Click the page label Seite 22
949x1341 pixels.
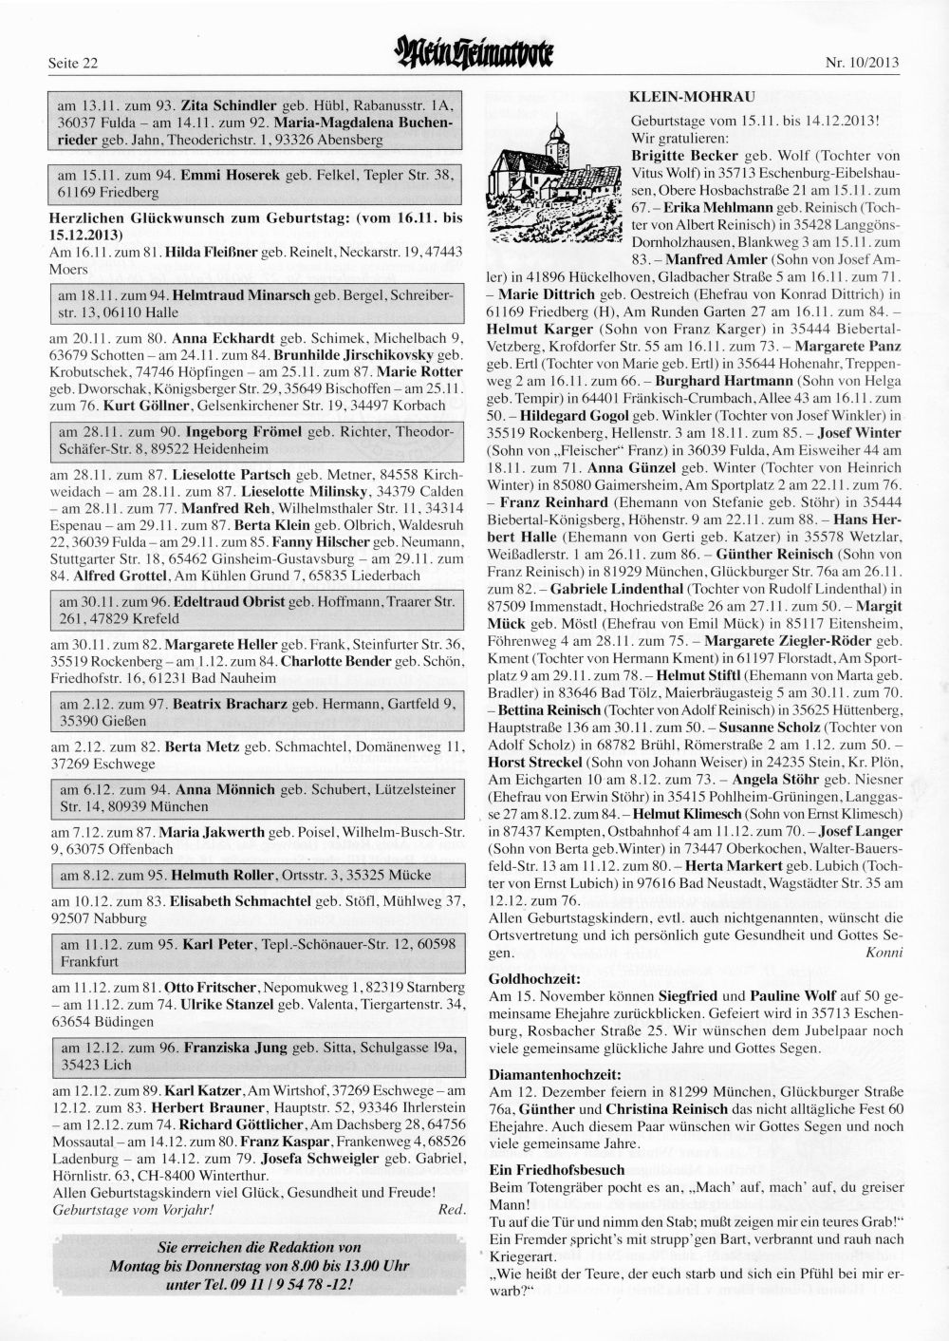tap(73, 64)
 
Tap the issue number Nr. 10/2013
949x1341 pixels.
tap(863, 64)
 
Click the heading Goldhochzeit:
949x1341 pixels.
tap(534, 976)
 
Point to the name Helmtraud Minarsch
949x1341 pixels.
tap(243, 295)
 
